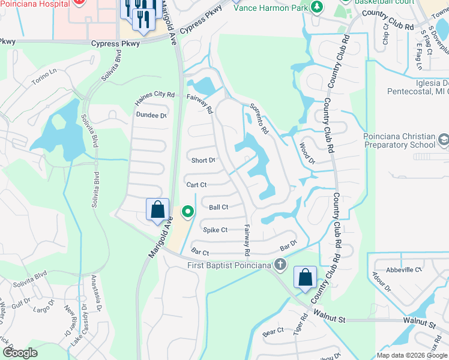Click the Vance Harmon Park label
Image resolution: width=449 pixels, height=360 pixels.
(x=270, y=8)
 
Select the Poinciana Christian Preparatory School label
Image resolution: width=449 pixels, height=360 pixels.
(x=399, y=140)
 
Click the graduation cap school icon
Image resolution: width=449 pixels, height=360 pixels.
(x=444, y=140)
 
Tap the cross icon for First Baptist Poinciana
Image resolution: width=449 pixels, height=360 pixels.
(x=279, y=265)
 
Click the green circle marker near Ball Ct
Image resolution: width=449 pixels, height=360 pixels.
(x=188, y=211)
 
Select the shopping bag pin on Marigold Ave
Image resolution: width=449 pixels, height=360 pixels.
(x=157, y=209)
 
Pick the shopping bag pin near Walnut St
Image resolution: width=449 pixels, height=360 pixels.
(x=306, y=277)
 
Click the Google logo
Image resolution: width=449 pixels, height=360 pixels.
(x=20, y=353)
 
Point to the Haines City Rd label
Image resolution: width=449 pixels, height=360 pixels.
(x=154, y=95)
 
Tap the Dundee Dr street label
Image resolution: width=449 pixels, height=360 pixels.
(x=151, y=115)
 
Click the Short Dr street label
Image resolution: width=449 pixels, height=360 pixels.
(x=203, y=160)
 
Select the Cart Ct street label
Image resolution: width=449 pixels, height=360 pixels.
(x=196, y=185)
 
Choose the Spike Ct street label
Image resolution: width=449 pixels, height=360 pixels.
(x=215, y=230)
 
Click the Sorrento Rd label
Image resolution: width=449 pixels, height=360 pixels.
(x=259, y=118)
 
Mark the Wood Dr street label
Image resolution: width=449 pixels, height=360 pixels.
(x=307, y=152)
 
